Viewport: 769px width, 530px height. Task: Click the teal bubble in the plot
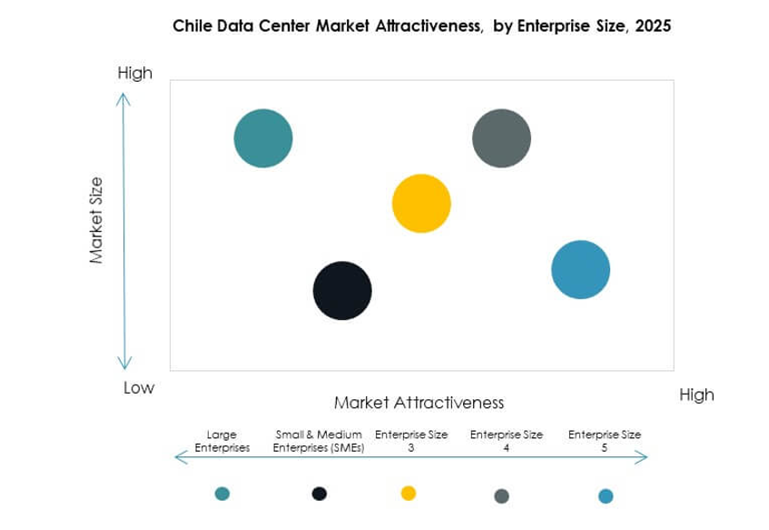[x=263, y=139]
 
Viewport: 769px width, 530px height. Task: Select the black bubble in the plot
[x=342, y=291]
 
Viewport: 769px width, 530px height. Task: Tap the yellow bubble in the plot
[x=421, y=204]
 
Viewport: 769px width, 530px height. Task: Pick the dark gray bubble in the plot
[x=501, y=139]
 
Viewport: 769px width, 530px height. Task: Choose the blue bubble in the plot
[x=581, y=270]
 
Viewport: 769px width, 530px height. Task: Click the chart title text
[x=421, y=26]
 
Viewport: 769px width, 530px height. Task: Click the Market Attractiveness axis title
[x=419, y=402]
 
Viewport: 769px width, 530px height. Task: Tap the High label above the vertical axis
[x=135, y=73]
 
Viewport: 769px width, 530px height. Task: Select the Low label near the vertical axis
[x=139, y=388]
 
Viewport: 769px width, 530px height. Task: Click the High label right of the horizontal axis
[x=696, y=395]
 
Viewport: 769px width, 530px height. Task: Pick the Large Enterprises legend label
[x=222, y=441]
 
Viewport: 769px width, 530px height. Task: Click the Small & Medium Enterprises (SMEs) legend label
[x=319, y=441]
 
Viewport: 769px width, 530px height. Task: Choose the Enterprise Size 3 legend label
[x=412, y=441]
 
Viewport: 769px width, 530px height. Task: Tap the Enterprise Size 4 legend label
[x=506, y=441]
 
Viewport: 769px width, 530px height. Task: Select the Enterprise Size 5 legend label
[x=605, y=441]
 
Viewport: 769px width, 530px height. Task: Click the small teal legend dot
[x=222, y=494]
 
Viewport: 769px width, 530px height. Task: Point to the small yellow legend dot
[x=409, y=493]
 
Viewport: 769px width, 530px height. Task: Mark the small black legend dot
[x=319, y=494]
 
